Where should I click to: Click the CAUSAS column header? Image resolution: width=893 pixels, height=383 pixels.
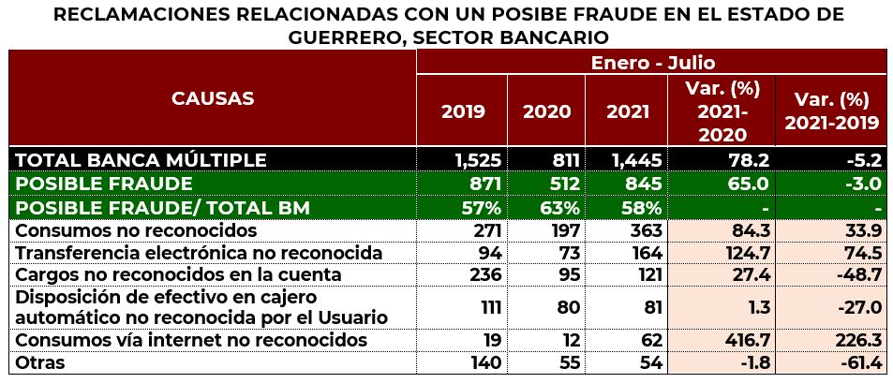(213, 98)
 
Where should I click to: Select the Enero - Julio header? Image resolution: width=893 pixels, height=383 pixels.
(653, 63)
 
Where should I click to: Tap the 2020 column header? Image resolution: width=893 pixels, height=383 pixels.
(546, 110)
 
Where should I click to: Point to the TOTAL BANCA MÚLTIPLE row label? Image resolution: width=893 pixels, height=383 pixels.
(141, 160)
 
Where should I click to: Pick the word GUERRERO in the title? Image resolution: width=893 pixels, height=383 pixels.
(352, 37)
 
